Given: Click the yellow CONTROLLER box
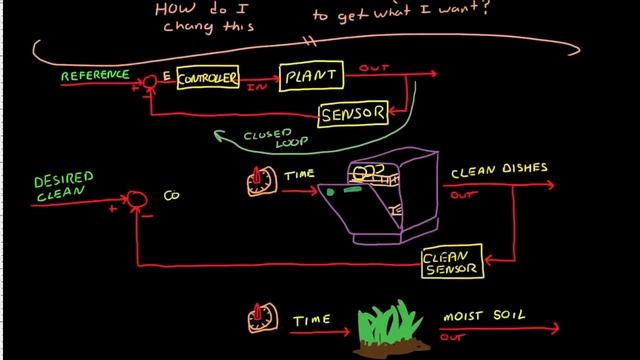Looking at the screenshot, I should click(x=208, y=78).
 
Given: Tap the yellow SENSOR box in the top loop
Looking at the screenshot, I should click(x=353, y=115).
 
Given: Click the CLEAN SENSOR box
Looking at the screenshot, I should click(x=452, y=261).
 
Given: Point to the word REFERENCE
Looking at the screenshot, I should click(x=96, y=74).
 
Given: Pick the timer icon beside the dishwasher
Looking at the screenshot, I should click(x=260, y=181).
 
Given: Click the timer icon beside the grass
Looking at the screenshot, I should click(x=260, y=320).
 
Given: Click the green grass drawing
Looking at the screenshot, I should click(x=392, y=322).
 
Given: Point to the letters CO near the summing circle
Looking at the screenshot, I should click(x=171, y=197).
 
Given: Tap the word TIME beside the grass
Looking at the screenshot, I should click(x=312, y=320).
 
